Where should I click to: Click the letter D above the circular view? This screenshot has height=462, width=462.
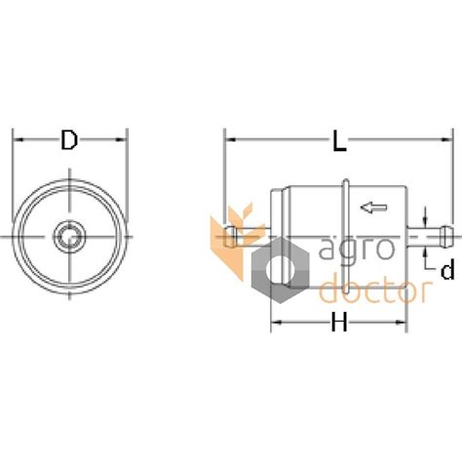pos(68,140)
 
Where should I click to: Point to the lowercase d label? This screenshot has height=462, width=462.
pos(443,270)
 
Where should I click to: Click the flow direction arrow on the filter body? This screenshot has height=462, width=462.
pos(372,206)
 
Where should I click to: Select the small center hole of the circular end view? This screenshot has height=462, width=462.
pos(68,236)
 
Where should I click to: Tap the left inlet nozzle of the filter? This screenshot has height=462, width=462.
pos(234,234)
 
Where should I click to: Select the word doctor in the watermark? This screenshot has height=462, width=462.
pos(375,289)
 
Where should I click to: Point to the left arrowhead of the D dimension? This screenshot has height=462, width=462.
pos(17,140)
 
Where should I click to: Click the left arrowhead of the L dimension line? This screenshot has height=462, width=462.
pos(231,140)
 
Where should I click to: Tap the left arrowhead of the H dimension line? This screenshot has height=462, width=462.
pos(276,323)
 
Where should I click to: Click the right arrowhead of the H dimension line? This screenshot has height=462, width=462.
pos(402,323)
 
